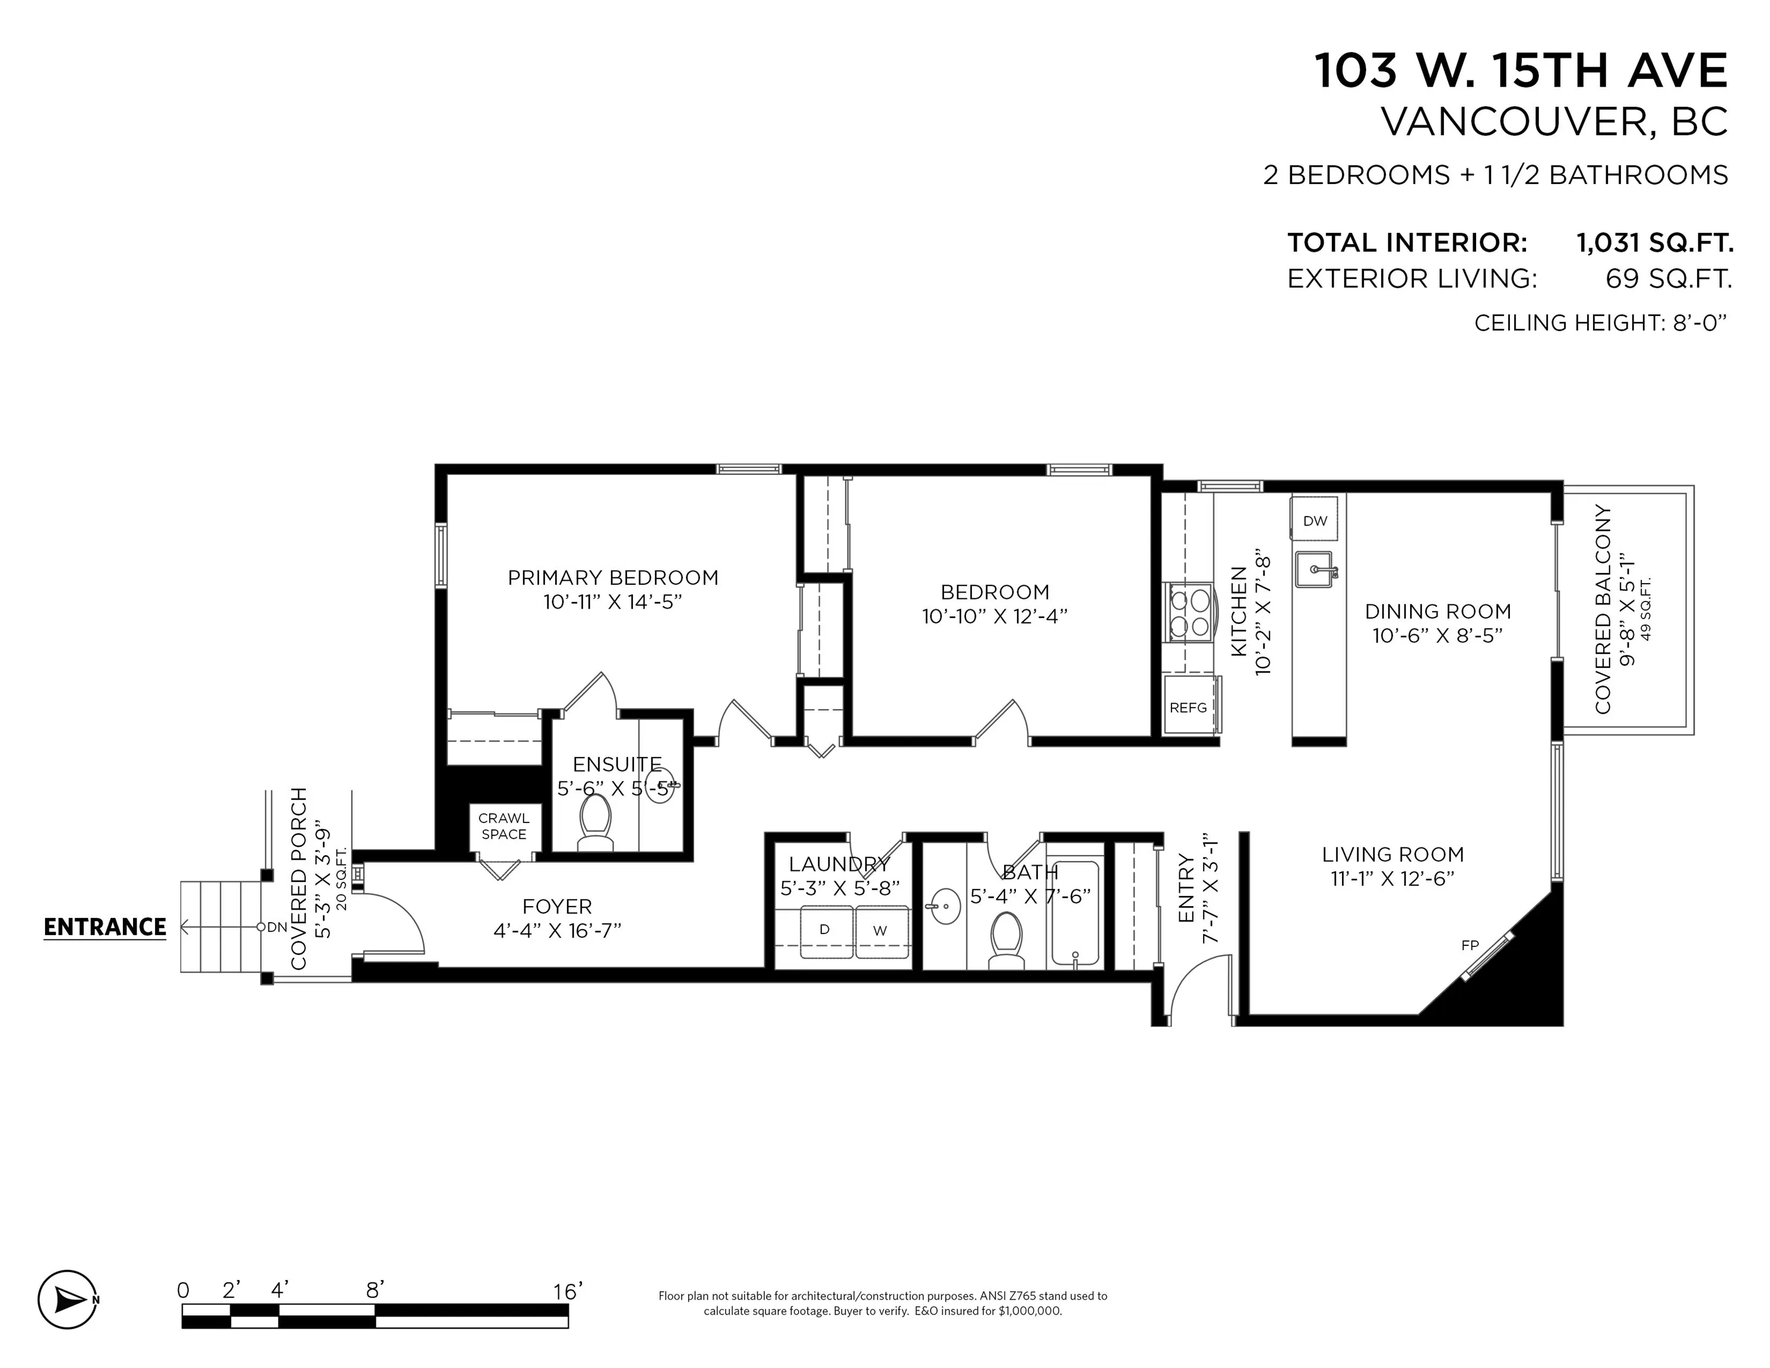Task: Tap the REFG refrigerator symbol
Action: [1188, 708]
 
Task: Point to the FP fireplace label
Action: [1470, 945]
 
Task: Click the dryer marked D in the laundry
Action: [825, 931]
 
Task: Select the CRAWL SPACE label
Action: [504, 826]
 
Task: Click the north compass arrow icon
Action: [68, 1299]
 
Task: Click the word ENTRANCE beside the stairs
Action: [105, 927]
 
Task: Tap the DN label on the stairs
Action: [277, 927]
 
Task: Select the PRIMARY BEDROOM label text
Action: [613, 578]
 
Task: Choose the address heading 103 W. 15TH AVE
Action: [1521, 71]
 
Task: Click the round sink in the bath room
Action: [943, 906]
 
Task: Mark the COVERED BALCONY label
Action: [1602, 609]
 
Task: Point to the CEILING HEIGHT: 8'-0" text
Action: [1600, 322]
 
